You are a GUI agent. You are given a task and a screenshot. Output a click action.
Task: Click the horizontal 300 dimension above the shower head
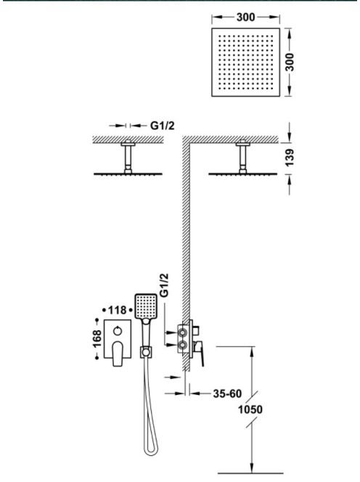click(245, 17)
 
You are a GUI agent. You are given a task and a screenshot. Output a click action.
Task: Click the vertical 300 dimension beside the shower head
click(290, 62)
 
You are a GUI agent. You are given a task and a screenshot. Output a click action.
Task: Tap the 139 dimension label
click(290, 158)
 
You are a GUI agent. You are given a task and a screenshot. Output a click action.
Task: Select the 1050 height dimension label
click(250, 409)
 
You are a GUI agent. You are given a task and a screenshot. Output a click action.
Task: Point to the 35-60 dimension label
click(227, 393)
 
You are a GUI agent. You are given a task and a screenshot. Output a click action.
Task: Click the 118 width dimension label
click(117, 310)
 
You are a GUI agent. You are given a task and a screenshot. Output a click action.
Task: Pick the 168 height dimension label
click(97, 339)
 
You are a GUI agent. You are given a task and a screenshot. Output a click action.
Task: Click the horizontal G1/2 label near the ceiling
click(162, 126)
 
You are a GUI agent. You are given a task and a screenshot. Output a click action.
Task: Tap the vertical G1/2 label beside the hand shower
click(165, 285)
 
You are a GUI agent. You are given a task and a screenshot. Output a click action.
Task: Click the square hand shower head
click(146, 306)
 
